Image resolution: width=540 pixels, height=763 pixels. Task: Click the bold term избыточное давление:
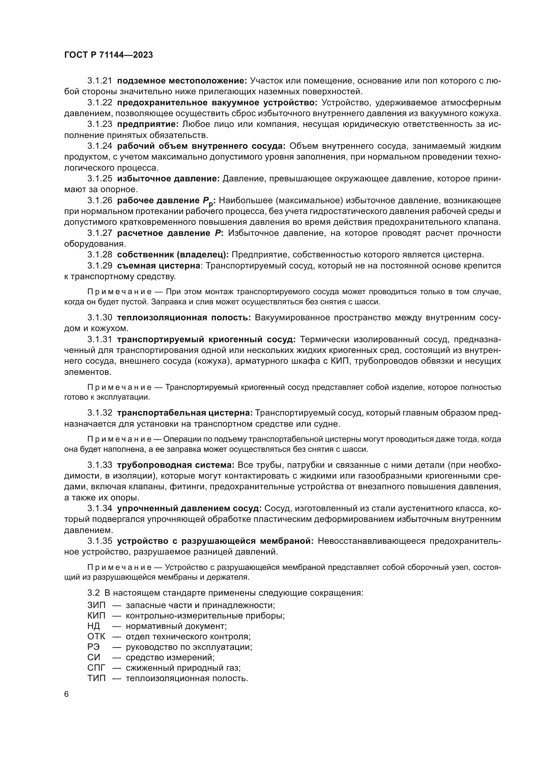tap(168, 179)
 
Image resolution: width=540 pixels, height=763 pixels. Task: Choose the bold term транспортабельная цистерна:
tap(185, 413)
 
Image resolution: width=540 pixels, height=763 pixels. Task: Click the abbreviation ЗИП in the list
tap(96, 605)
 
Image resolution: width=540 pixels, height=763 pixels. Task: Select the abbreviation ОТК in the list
tap(96, 636)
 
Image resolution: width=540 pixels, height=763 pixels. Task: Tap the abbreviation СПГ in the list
tap(96, 668)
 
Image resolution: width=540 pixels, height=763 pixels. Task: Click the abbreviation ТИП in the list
tap(96, 678)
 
